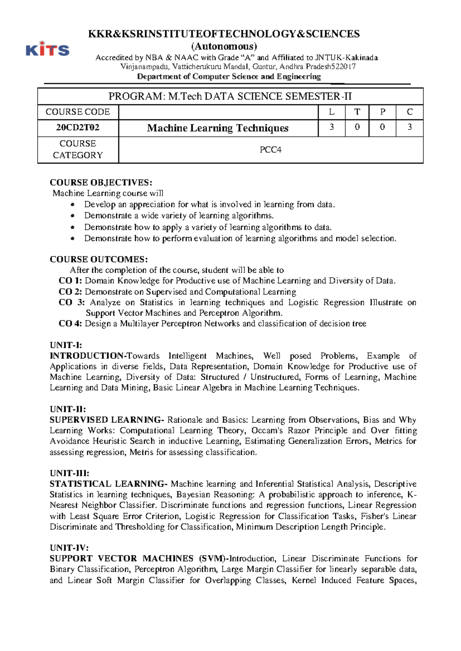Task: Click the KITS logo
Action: click(x=48, y=49)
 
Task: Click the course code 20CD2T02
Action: click(x=78, y=127)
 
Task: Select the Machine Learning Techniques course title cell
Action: click(x=218, y=128)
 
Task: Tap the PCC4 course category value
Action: click(x=270, y=150)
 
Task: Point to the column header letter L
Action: click(x=332, y=112)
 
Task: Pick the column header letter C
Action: click(x=410, y=112)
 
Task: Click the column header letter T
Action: click(x=357, y=112)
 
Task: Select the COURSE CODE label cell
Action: click(x=78, y=112)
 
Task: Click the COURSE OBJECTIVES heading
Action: click(x=101, y=182)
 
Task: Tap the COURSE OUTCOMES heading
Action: click(x=99, y=259)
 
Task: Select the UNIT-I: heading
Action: click(x=66, y=345)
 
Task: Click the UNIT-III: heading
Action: click(x=69, y=473)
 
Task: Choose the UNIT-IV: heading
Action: click(x=69, y=548)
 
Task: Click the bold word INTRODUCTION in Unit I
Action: click(x=86, y=356)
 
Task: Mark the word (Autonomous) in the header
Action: click(x=224, y=46)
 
